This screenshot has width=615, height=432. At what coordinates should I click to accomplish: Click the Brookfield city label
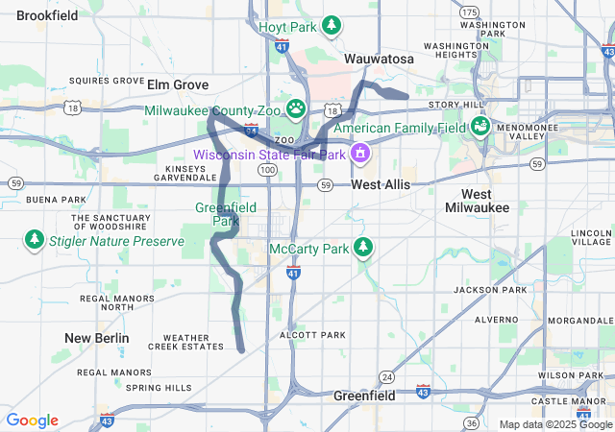(48, 15)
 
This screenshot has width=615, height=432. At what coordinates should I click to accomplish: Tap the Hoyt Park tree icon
(332, 25)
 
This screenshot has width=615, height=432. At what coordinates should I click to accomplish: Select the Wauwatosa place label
(379, 60)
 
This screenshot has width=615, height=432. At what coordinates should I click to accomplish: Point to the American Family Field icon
(480, 127)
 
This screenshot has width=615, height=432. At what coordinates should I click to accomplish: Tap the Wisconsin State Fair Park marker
(360, 153)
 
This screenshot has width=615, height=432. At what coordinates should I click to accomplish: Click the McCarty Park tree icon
(362, 248)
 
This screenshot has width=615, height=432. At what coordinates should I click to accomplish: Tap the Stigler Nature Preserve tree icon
(35, 239)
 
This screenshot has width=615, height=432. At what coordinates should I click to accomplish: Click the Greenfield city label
(364, 396)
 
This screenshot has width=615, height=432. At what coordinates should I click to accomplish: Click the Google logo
(32, 420)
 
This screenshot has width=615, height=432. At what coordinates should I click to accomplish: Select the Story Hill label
(456, 104)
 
